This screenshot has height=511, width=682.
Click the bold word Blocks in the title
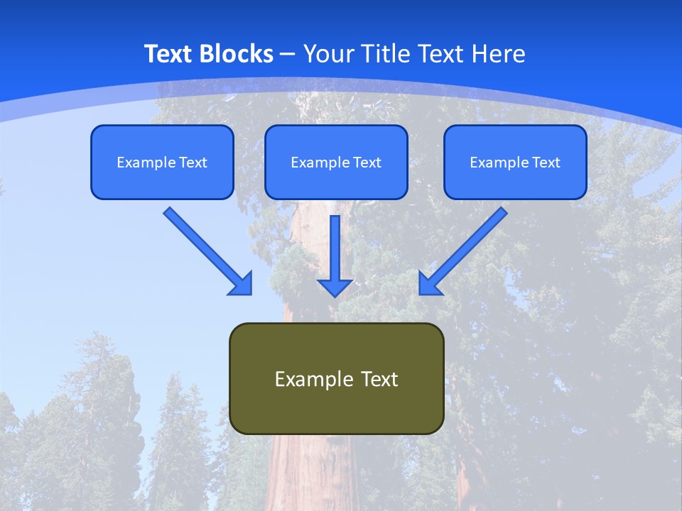pyautogui.click(x=236, y=54)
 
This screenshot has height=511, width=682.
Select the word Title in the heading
pyautogui.click(x=386, y=54)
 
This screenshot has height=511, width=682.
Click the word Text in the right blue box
pyautogui.click(x=546, y=163)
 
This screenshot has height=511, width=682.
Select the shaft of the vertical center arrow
pyautogui.click(x=335, y=245)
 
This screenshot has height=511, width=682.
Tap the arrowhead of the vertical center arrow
pyautogui.click(x=335, y=287)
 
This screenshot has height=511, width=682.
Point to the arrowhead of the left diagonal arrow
pyautogui.click(x=242, y=284)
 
